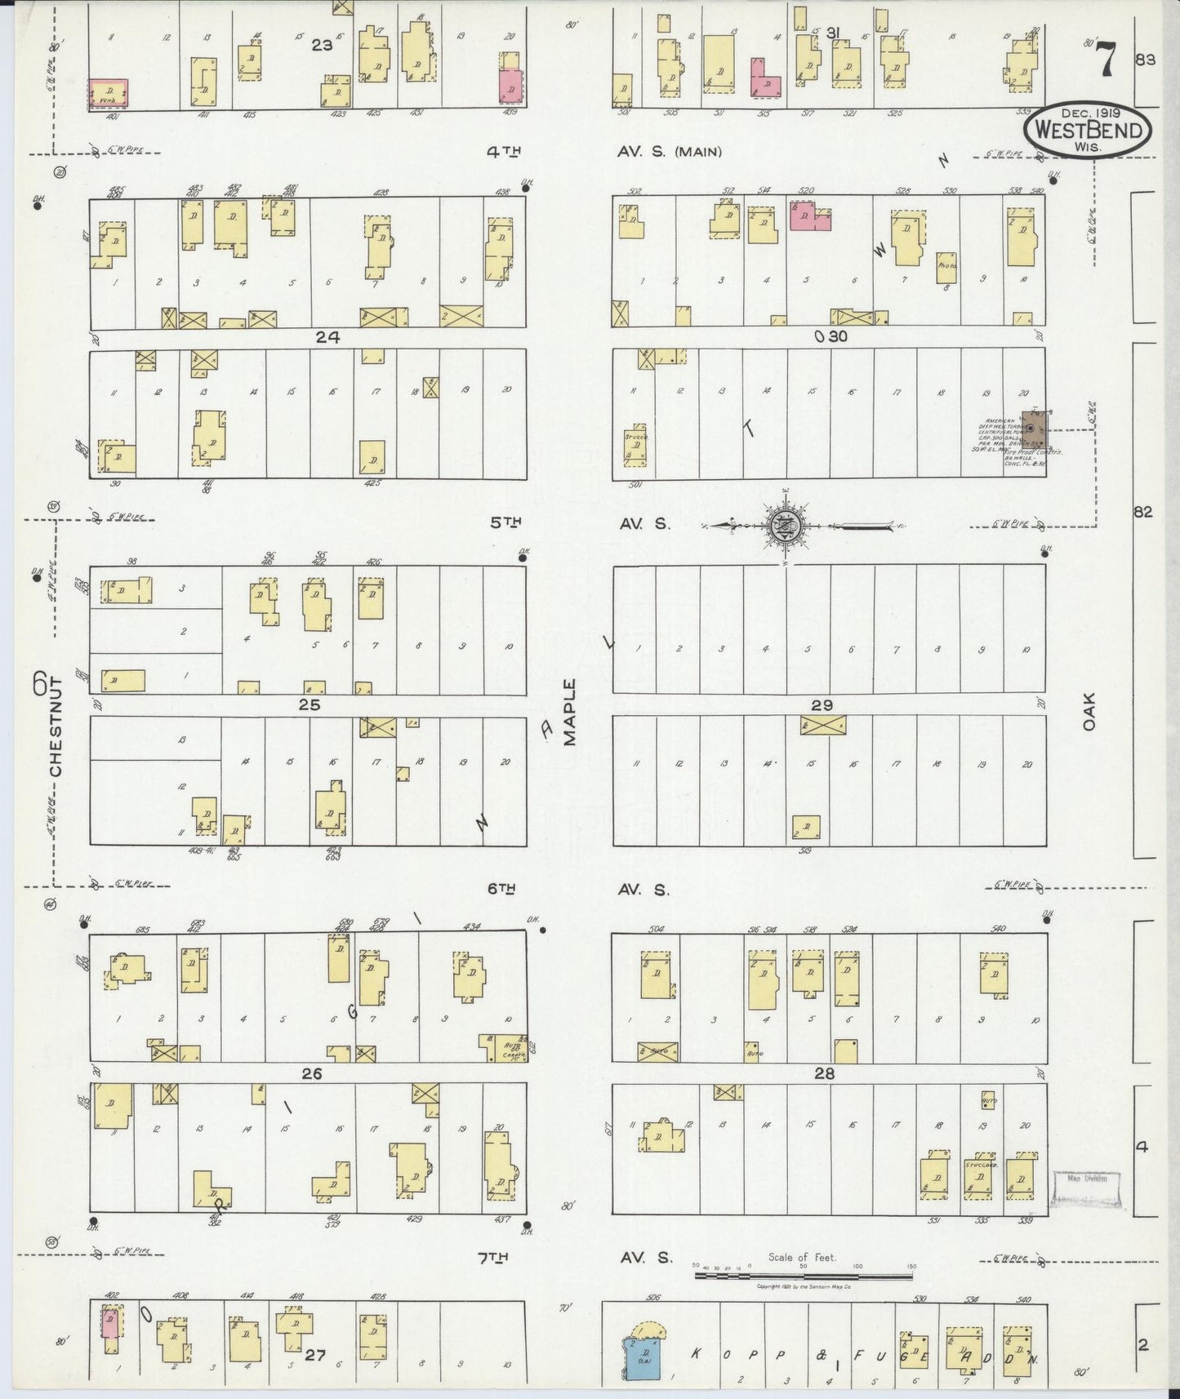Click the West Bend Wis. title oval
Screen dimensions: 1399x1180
tap(1089, 131)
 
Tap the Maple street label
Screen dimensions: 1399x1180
tap(569, 711)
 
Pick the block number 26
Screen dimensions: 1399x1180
tap(311, 1073)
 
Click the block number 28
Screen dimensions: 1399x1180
tap(824, 1073)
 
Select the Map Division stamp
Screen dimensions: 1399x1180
tap(1085, 1178)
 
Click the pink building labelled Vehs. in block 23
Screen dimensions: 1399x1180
tap(108, 93)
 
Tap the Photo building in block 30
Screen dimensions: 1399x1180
tap(946, 267)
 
